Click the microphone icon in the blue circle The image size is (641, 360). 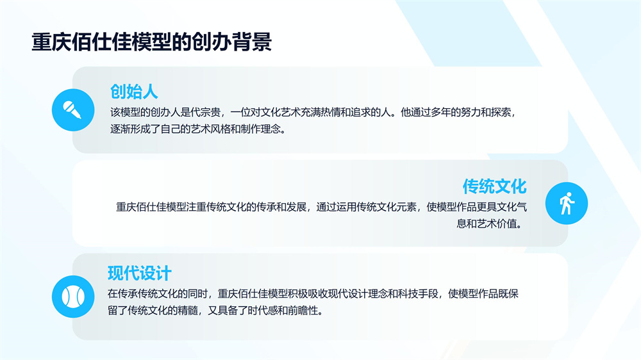point(73,110)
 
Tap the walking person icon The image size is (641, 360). point(567,203)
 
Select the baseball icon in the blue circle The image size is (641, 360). point(73,297)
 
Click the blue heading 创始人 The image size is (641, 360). point(134,92)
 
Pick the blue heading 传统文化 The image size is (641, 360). point(495,186)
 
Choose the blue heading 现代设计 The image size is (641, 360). point(140,274)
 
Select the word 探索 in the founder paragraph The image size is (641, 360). point(501,112)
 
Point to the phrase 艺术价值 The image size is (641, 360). point(497,224)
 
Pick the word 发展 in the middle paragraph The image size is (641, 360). point(296,207)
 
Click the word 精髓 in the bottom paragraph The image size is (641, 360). point(188,311)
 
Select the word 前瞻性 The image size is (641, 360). point(303,311)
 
